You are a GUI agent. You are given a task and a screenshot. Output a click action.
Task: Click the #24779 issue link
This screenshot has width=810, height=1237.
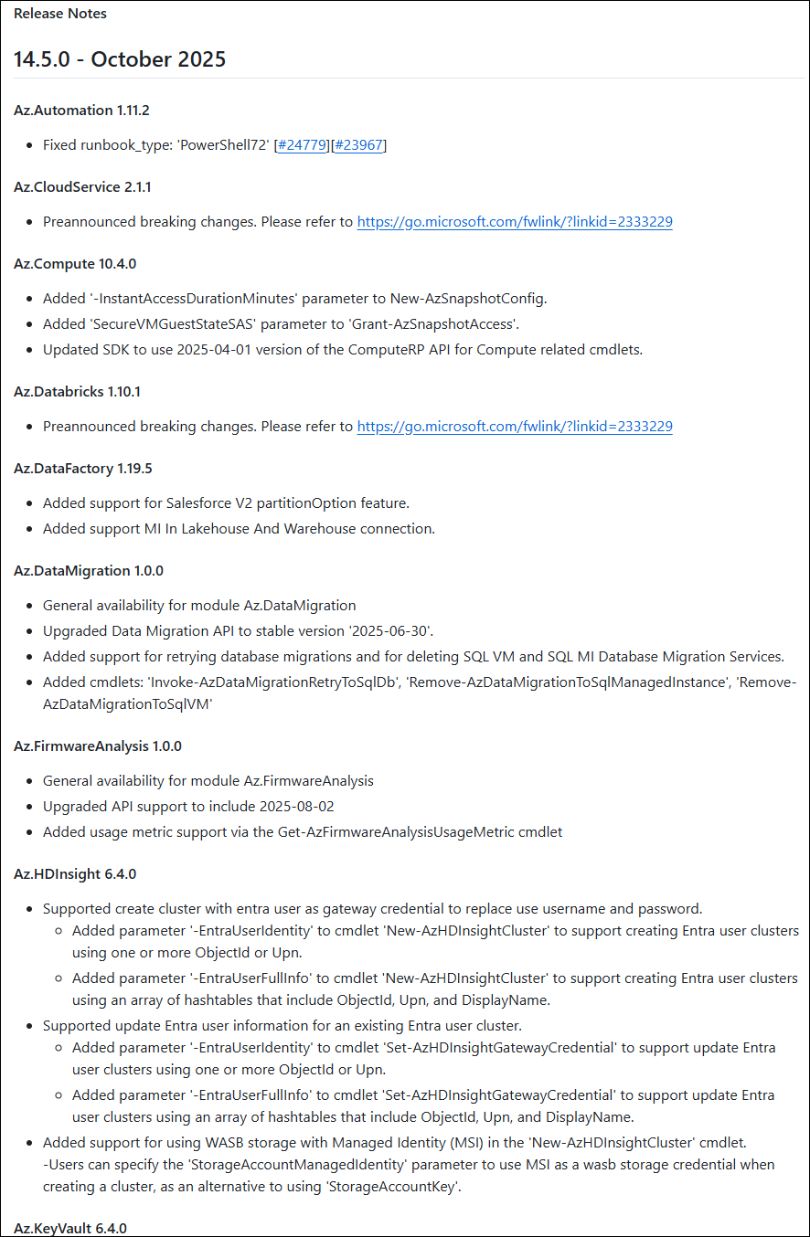pos(303,145)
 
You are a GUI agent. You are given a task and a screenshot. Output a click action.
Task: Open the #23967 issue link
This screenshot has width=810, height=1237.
pos(358,145)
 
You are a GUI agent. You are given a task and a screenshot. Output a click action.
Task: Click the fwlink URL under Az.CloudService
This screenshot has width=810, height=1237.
pos(515,222)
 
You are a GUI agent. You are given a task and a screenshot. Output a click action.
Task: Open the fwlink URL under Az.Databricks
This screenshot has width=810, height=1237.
pos(515,427)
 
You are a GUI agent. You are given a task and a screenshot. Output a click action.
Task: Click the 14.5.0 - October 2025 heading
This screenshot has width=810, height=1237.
pos(120,59)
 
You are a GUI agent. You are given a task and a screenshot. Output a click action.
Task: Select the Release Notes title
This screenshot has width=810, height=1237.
pos(60,14)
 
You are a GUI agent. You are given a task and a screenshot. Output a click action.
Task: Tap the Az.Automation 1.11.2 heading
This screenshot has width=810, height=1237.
pos(81,111)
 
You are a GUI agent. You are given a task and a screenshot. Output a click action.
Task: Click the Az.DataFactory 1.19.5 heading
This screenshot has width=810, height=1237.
pos(82,469)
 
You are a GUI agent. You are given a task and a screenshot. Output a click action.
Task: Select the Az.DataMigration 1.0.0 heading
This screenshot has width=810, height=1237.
pos(89,571)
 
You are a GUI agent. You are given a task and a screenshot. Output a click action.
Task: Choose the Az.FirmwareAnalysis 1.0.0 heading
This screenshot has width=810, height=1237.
pos(98,746)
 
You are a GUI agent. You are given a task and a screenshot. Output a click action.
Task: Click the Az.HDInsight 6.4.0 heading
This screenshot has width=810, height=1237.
pos(75,874)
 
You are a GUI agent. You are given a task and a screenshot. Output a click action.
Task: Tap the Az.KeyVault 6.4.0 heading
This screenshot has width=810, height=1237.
pos(70,1229)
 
